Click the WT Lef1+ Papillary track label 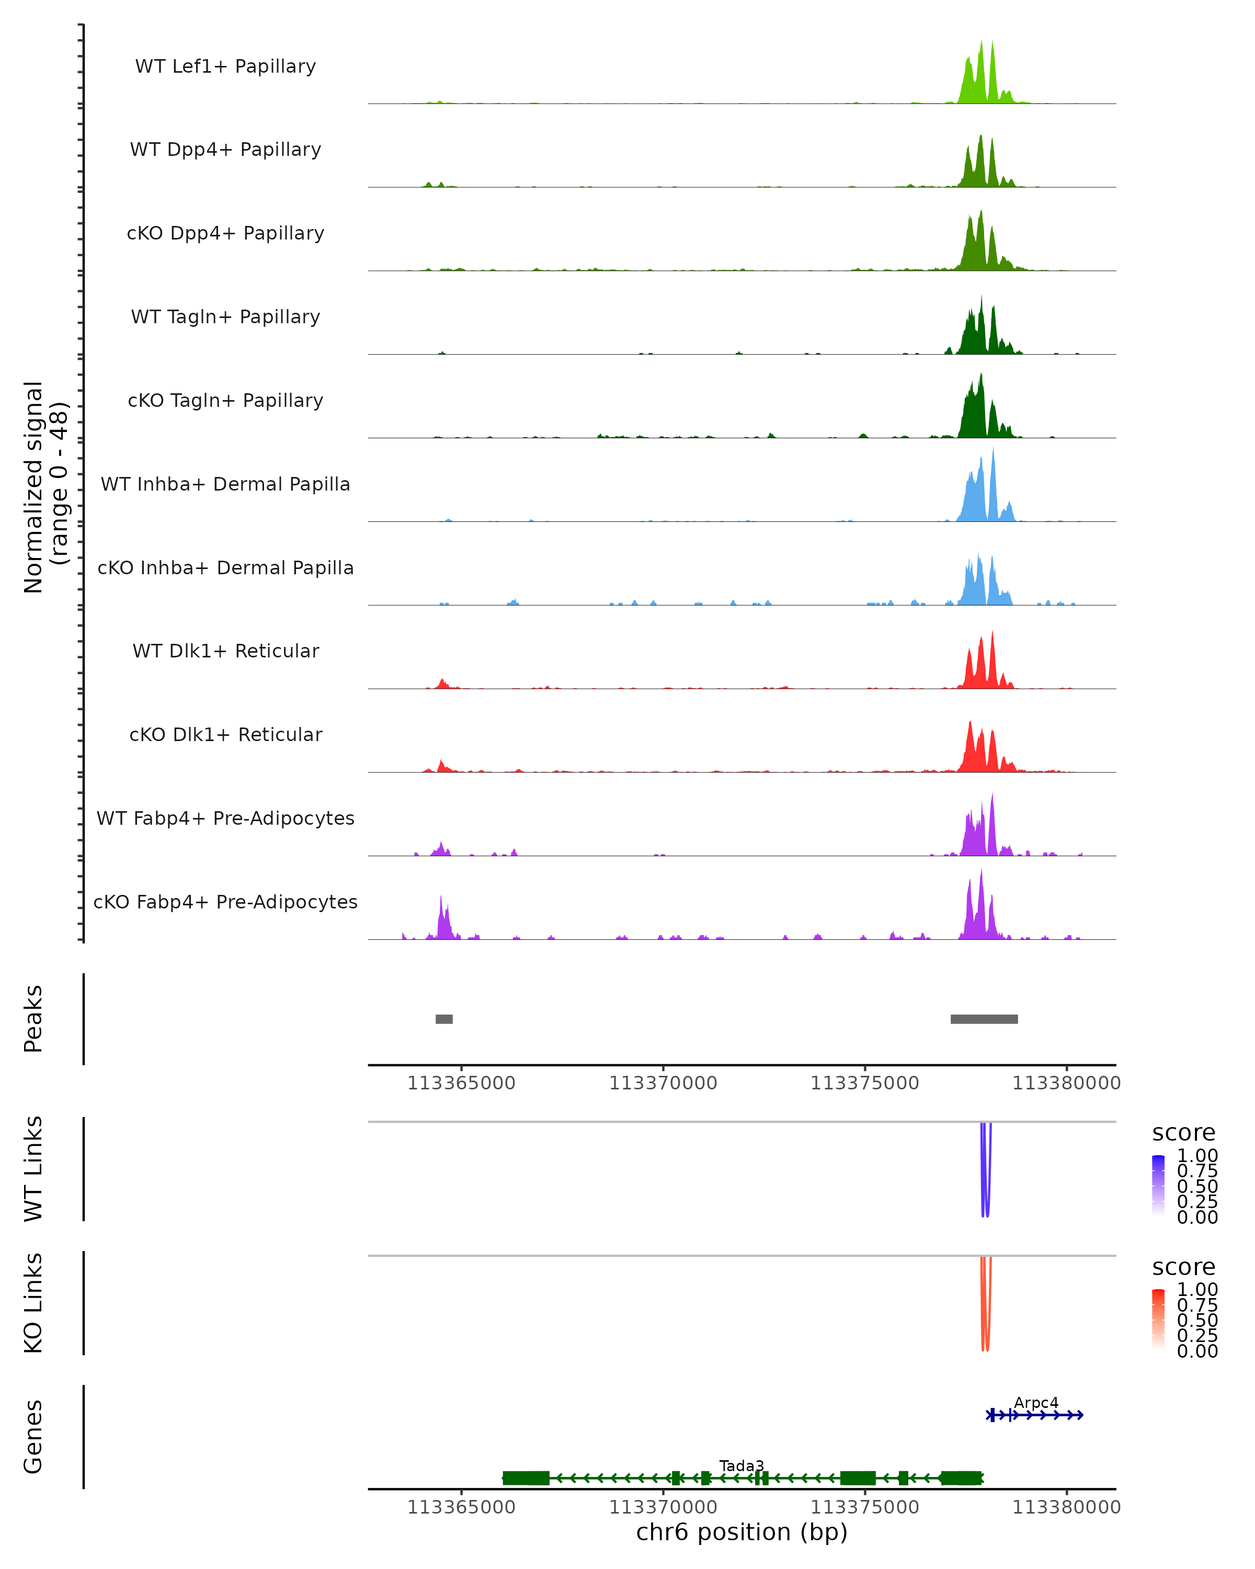pyautogui.click(x=225, y=66)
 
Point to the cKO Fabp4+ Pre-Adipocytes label pyautogui.click(x=225, y=902)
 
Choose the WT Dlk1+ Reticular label pyautogui.click(x=225, y=651)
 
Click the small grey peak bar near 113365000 pyautogui.click(x=444, y=1019)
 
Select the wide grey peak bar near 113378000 pyautogui.click(x=984, y=1019)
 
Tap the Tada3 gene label pyautogui.click(x=741, y=1465)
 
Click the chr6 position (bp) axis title pyautogui.click(x=741, y=1532)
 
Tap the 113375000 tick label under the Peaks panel pyautogui.click(x=864, y=1083)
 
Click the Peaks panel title pyautogui.click(x=33, y=1019)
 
